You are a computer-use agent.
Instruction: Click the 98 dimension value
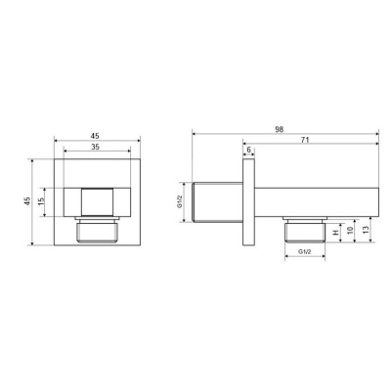click(x=279, y=129)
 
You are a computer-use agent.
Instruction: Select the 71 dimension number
click(x=305, y=140)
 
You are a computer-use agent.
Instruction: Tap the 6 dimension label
click(x=249, y=150)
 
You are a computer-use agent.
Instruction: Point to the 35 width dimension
click(x=95, y=147)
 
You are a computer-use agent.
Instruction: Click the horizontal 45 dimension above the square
click(x=95, y=136)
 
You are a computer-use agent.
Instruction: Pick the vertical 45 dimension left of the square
click(x=27, y=200)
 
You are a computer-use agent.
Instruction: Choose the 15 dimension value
click(x=41, y=201)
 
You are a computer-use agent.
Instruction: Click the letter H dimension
click(x=335, y=233)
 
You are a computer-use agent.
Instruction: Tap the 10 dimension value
click(x=350, y=231)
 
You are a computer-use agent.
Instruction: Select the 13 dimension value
click(x=366, y=230)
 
